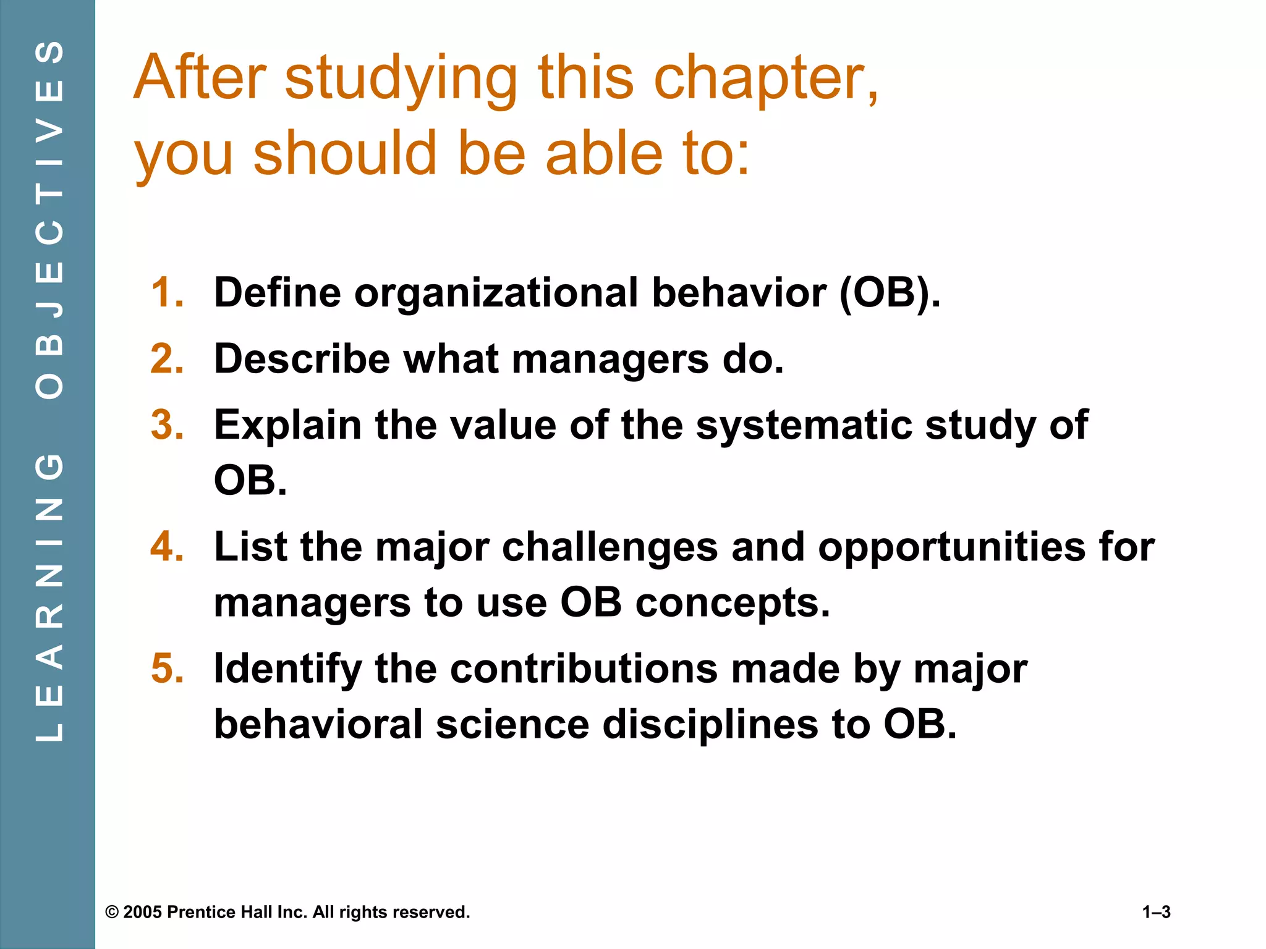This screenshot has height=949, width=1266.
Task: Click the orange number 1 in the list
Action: tap(167, 292)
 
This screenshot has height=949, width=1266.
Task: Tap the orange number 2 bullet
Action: tap(167, 359)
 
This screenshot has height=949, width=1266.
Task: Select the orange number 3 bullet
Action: tap(167, 425)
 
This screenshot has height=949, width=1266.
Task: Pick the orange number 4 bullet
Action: tap(167, 547)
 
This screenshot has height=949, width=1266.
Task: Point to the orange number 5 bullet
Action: tap(167, 669)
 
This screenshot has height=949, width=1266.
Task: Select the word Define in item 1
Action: tap(277, 292)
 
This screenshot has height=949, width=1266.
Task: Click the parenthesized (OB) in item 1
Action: tap(889, 292)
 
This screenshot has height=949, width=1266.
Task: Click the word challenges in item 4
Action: tap(610, 548)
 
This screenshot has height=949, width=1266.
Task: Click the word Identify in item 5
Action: tap(287, 670)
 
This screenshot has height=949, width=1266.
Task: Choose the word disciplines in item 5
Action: tap(710, 725)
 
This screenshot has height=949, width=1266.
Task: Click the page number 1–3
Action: tap(1156, 913)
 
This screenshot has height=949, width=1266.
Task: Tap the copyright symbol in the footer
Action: tap(112, 913)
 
